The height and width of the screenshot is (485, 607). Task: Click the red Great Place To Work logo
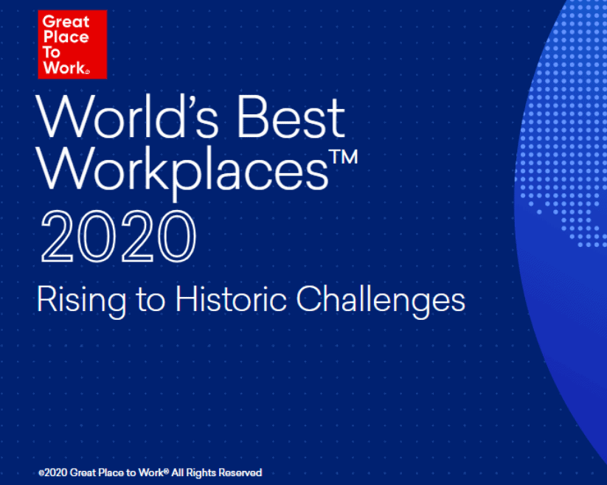pyautogui.click(x=72, y=44)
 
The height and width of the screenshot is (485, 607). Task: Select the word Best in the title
pyautogui.click(x=291, y=116)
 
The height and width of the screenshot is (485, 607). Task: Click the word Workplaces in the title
pyautogui.click(x=182, y=170)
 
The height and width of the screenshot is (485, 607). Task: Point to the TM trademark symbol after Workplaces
pyautogui.click(x=344, y=157)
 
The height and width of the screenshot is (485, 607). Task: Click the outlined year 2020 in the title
pyautogui.click(x=119, y=237)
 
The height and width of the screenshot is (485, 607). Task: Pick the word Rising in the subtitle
pyautogui.click(x=82, y=301)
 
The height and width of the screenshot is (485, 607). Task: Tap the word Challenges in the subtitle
pyautogui.click(x=381, y=301)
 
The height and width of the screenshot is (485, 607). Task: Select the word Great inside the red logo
pyautogui.click(x=66, y=21)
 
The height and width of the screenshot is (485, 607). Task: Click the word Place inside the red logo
pyautogui.click(x=66, y=37)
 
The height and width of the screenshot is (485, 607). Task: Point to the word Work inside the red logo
pyautogui.click(x=64, y=68)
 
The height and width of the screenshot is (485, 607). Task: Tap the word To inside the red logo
pyautogui.click(x=52, y=52)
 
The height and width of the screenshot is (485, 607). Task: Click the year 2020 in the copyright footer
pyautogui.click(x=56, y=472)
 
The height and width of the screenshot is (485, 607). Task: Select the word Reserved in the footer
pyautogui.click(x=240, y=472)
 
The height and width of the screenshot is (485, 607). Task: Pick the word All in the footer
pyautogui.click(x=178, y=472)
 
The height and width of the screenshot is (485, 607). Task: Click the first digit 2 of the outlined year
pyautogui.click(x=57, y=237)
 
